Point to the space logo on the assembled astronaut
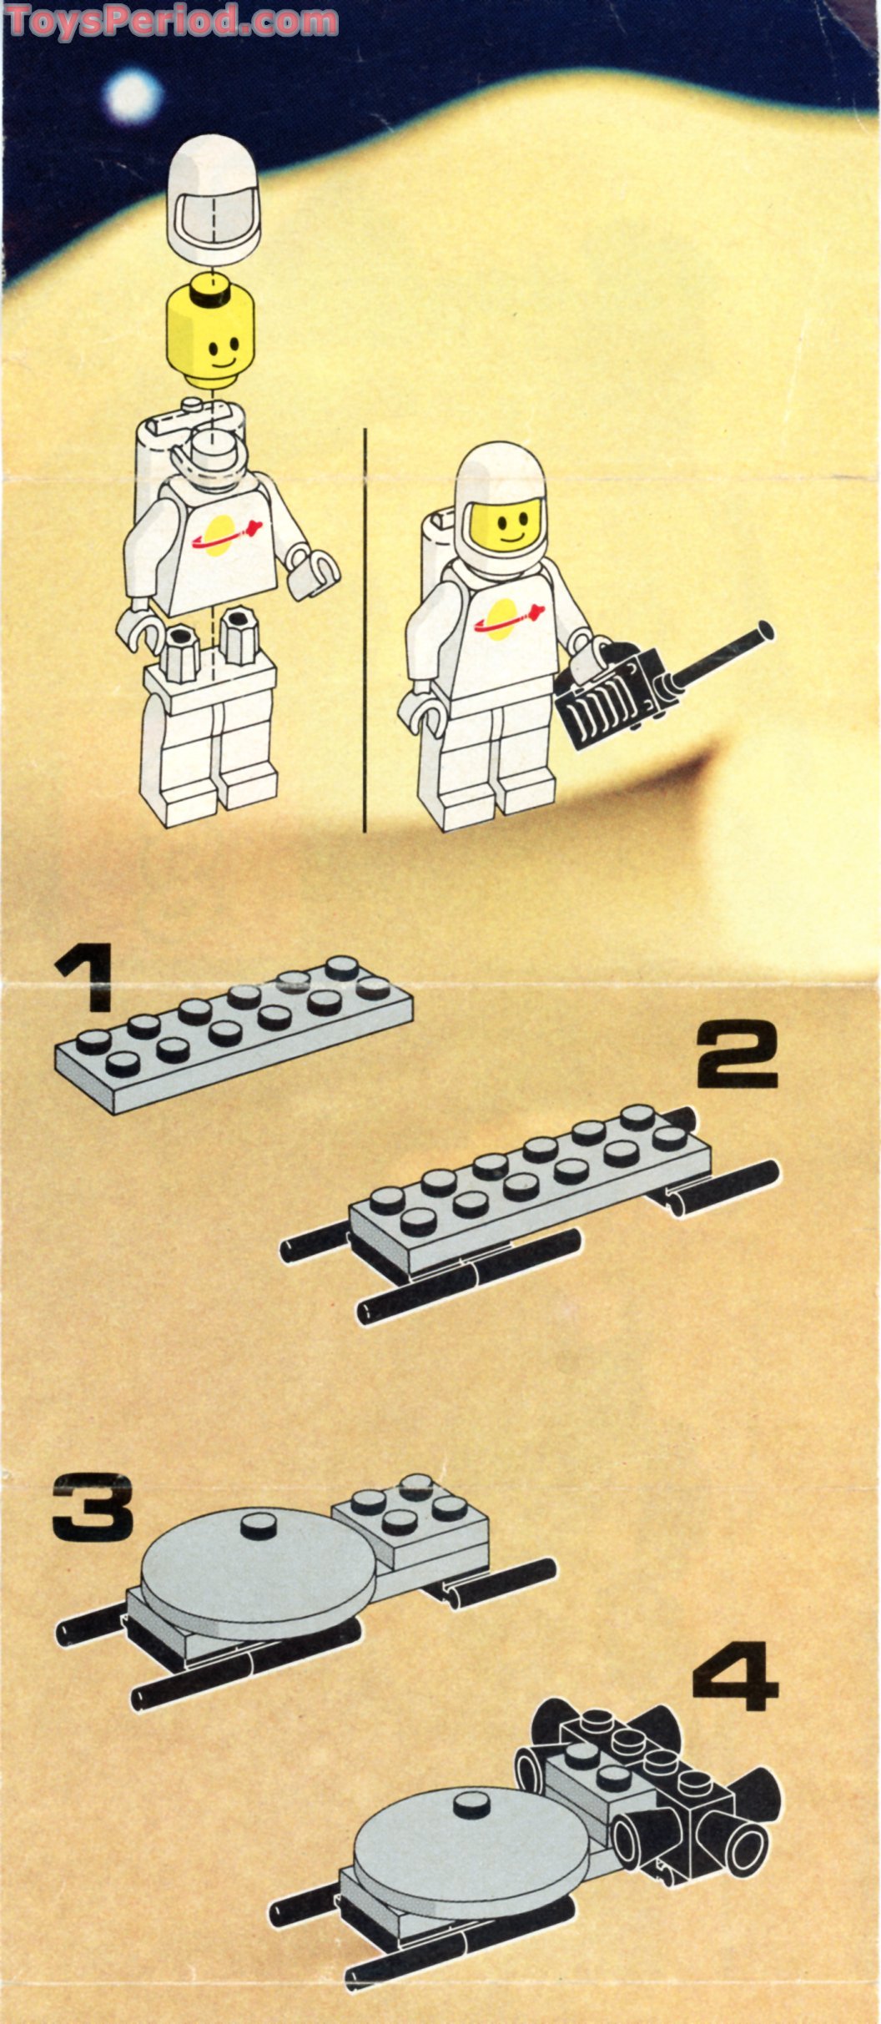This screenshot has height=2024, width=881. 506,621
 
